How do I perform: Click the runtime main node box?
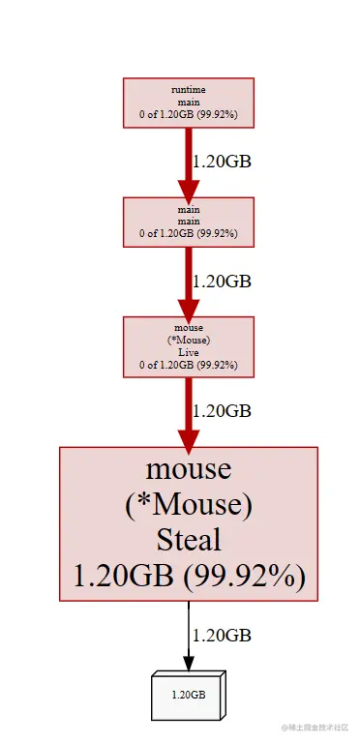[189, 102]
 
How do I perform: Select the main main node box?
[189, 222]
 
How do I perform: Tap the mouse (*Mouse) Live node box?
[189, 346]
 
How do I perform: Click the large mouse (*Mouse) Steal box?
[189, 523]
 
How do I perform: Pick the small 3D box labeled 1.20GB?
[189, 694]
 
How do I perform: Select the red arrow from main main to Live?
[188, 282]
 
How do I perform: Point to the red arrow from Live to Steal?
[188, 411]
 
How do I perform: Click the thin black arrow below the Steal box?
[188, 635]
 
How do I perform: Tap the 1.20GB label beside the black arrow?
[222, 636]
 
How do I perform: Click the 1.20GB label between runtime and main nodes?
[222, 162]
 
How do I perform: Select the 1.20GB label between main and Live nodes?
[222, 282]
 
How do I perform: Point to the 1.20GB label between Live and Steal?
[222, 410]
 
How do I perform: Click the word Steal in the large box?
[189, 540]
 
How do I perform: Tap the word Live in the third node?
[189, 353]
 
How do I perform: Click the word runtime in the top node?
[189, 89]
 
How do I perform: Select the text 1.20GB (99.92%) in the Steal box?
[189, 577]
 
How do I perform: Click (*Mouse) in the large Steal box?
[189, 505]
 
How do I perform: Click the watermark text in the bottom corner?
[317, 727]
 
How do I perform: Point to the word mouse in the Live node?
[189, 328]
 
